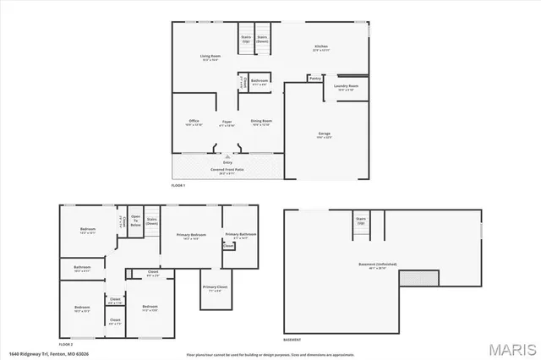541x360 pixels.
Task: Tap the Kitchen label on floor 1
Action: (x=321, y=48)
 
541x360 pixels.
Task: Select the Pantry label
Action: (x=314, y=79)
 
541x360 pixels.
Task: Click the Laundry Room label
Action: (x=347, y=86)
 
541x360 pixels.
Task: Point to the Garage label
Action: (x=324, y=134)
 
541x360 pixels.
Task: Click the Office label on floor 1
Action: (x=194, y=123)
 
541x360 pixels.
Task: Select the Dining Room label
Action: (x=261, y=123)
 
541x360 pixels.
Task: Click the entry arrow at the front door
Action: (x=227, y=154)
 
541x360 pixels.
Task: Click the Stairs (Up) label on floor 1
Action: (x=246, y=39)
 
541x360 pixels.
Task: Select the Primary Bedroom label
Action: (x=191, y=236)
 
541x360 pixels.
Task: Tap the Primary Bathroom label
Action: (x=239, y=236)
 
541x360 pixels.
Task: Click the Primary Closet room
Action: (x=214, y=290)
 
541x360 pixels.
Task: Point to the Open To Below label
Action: (x=135, y=223)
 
